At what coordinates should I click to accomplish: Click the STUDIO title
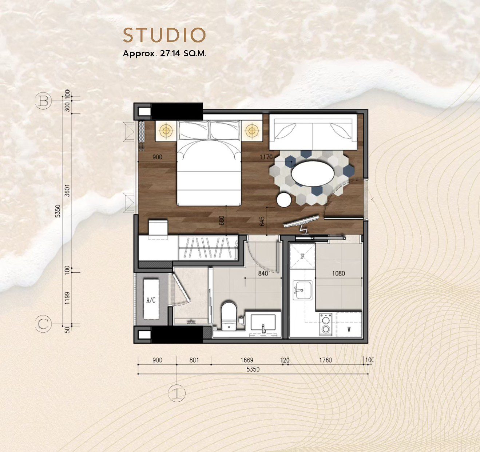click(x=164, y=35)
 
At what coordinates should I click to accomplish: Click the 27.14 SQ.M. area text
click(x=183, y=53)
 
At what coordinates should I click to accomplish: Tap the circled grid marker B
click(x=44, y=101)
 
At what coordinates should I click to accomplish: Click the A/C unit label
click(x=151, y=300)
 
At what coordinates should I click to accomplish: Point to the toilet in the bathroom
click(x=229, y=316)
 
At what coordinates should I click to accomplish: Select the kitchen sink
click(x=302, y=291)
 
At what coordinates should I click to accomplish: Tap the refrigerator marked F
click(x=302, y=256)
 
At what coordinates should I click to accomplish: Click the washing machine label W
click(x=349, y=329)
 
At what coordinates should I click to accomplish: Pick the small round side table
click(x=284, y=200)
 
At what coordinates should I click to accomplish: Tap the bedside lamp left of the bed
click(x=166, y=131)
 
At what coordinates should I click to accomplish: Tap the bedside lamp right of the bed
click(x=252, y=131)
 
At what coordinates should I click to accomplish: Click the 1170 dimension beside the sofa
click(x=266, y=157)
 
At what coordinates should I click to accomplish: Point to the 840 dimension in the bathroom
click(x=263, y=273)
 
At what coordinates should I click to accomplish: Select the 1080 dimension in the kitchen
click(x=338, y=273)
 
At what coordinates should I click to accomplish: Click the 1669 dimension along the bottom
click(x=247, y=360)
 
